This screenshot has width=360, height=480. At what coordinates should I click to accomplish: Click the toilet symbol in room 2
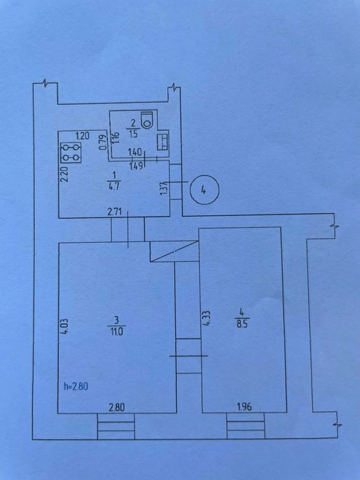pyautogui.click(x=147, y=120)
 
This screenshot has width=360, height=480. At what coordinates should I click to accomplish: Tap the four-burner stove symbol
pyautogui.click(x=71, y=152)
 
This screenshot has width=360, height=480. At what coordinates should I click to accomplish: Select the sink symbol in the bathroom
pyautogui.click(x=163, y=143)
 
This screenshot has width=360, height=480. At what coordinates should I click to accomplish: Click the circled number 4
pyautogui.click(x=204, y=190)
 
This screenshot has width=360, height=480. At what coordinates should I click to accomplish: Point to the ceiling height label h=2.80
pyautogui.click(x=76, y=386)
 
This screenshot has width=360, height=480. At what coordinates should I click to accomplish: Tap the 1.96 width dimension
pyautogui.click(x=244, y=407)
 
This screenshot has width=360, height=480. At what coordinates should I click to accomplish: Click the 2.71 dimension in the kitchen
pyautogui.click(x=114, y=211)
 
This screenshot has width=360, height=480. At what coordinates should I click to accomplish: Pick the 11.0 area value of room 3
pyautogui.click(x=117, y=331)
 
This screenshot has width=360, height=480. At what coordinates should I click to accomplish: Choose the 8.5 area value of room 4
pyautogui.click(x=242, y=324)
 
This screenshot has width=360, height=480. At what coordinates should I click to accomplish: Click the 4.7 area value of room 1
pyautogui.click(x=114, y=187)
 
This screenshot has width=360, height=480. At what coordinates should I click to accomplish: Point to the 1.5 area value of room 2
pyautogui.click(x=133, y=134)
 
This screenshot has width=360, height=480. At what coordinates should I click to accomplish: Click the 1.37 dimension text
pyautogui.click(x=164, y=187)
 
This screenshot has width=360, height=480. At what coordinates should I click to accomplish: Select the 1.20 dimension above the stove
pyautogui.click(x=82, y=136)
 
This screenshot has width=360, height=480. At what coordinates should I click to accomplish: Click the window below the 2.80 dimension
pyautogui.click(x=116, y=426)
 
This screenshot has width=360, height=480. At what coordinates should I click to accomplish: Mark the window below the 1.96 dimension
pyautogui.click(x=245, y=426)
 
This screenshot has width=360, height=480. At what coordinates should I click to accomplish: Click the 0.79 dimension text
pyautogui.click(x=104, y=143)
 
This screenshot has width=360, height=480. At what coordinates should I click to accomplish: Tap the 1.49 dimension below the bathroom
pyautogui.click(x=136, y=166)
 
